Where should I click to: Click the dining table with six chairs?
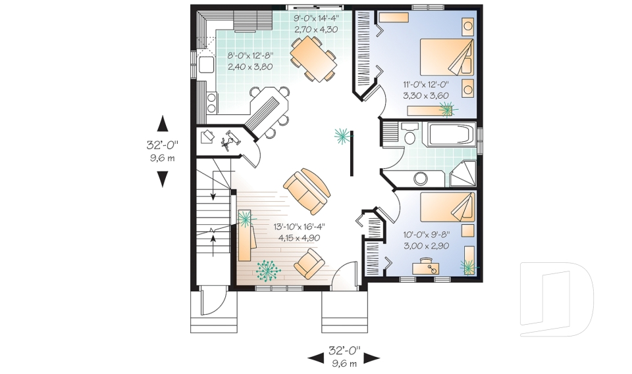[313, 58]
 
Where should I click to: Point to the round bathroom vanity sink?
[421, 179]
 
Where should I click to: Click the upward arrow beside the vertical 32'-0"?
[163, 124]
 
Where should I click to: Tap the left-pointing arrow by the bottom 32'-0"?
[315, 358]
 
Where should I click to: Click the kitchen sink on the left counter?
[206, 64]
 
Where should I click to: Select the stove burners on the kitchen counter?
[211, 102]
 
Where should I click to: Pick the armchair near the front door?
[309, 264]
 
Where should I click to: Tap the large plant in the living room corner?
[268, 269]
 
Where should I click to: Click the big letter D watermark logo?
[557, 299]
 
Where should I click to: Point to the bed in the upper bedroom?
[447, 57]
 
